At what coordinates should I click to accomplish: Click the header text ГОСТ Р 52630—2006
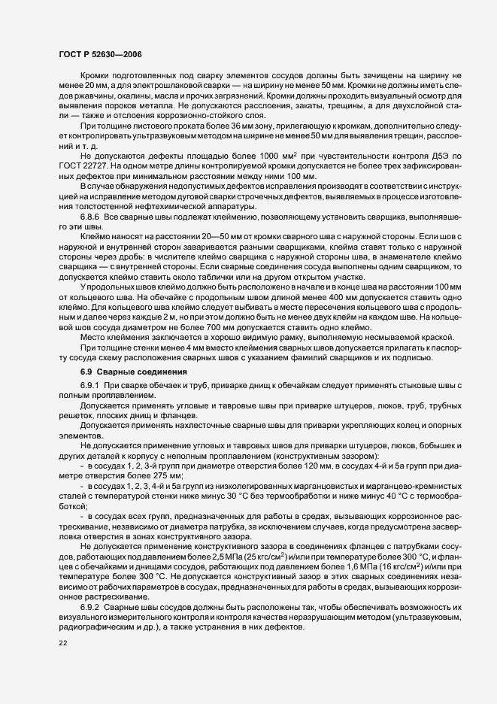100,55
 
